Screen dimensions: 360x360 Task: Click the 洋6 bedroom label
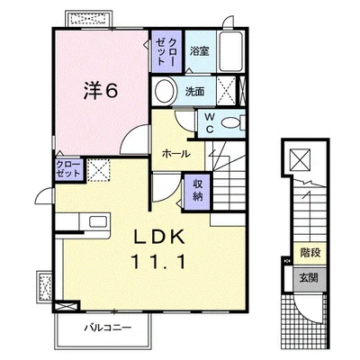[100, 91]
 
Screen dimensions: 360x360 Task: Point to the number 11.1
[158, 261]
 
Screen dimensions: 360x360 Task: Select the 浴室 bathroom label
[199, 51]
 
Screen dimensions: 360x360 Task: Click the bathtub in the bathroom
[230, 51]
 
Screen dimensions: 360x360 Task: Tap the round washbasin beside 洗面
[165, 91]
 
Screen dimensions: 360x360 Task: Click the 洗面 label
[195, 91]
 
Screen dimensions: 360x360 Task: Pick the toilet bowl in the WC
[231, 123]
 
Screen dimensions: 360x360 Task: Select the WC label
[210, 123]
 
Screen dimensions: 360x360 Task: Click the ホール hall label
[176, 154]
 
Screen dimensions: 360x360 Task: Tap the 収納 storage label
[197, 191]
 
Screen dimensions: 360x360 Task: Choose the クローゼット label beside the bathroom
[166, 51]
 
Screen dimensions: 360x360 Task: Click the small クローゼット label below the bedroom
[68, 169]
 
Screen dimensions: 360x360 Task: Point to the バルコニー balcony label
[107, 328]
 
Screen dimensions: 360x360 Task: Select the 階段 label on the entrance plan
[310, 253]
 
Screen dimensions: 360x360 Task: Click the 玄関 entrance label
[309, 278]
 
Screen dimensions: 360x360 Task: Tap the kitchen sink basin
[98, 222]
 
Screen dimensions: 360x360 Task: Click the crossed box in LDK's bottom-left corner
[67, 306]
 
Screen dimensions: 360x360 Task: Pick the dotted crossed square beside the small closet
[99, 170]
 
